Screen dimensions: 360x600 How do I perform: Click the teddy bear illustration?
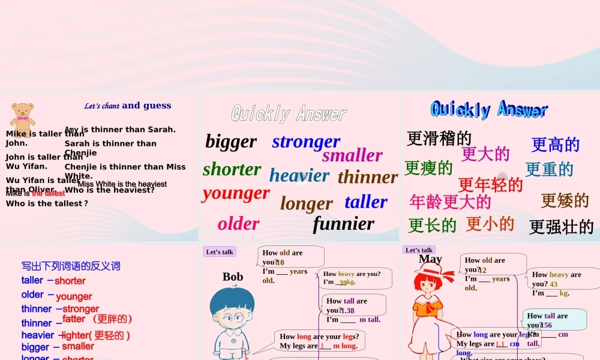[23, 118]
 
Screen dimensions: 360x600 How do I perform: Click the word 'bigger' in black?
[231, 142]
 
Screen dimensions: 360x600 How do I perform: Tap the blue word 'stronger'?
[306, 142]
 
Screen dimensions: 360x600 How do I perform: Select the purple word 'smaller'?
[352, 155]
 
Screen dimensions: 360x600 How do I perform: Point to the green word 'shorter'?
[232, 169]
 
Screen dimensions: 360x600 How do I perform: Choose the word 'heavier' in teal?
[299, 175]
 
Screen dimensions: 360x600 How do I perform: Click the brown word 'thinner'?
[368, 177]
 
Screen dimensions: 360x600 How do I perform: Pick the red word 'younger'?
[236, 193]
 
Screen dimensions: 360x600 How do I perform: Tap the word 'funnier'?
[343, 224]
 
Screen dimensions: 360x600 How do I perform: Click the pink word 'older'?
[238, 224]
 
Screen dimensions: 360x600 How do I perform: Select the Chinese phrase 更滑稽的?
[439, 139]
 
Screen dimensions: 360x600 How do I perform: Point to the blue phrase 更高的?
[556, 145]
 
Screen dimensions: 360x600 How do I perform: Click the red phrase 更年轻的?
[491, 184]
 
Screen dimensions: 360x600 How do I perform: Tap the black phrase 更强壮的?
[562, 227]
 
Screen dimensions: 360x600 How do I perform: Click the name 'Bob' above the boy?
[233, 277]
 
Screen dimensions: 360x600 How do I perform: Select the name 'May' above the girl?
[430, 259]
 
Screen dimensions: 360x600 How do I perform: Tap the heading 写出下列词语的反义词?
[71, 266]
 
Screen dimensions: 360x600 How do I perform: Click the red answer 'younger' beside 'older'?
[74, 296]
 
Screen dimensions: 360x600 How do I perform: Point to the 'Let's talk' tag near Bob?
[220, 252]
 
